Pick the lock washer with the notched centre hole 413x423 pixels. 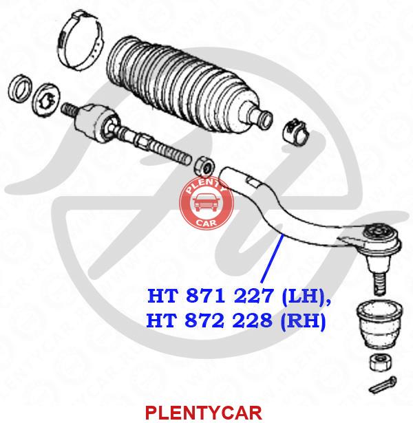[46, 99]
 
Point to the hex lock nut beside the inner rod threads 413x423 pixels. [204, 166]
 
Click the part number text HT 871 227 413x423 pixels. [210, 296]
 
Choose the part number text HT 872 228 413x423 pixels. [209, 321]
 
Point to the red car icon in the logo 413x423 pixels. [206, 203]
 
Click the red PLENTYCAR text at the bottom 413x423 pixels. [204, 413]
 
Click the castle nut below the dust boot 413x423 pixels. [380, 362]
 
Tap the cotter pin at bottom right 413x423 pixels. [383, 384]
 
